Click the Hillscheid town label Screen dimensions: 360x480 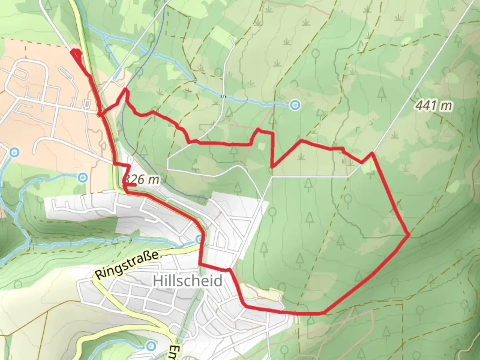tap(188, 281)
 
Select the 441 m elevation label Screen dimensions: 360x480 tap(434, 106)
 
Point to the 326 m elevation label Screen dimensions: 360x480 tap(141, 180)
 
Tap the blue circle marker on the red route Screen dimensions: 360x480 tap(199, 239)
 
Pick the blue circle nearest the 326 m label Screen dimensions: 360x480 tap(82, 178)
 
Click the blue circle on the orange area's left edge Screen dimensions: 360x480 tap(14, 153)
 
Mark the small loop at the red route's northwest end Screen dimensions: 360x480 tap(76, 54)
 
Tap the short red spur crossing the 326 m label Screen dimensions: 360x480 tap(130, 184)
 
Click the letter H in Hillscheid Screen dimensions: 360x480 tap(158, 281)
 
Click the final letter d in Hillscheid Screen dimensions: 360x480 tap(218, 281)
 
